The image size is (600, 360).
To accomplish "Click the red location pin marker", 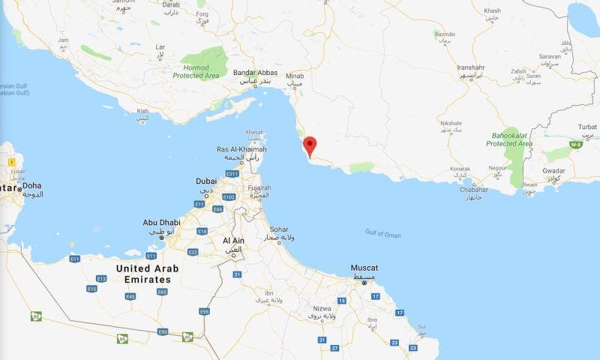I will (x=310, y=145).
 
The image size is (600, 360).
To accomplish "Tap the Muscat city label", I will (x=364, y=268).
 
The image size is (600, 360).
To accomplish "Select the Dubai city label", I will (x=206, y=181).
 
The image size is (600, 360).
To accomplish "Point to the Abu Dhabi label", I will (x=161, y=223).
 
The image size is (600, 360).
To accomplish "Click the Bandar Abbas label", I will (x=255, y=73).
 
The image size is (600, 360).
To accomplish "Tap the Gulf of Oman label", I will (x=382, y=235).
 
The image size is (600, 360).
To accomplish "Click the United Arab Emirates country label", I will (x=142, y=274).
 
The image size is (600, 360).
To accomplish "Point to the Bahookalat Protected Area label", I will (x=509, y=139).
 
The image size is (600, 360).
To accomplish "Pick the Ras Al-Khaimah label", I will (x=241, y=149).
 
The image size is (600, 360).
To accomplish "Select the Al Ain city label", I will (x=233, y=240).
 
